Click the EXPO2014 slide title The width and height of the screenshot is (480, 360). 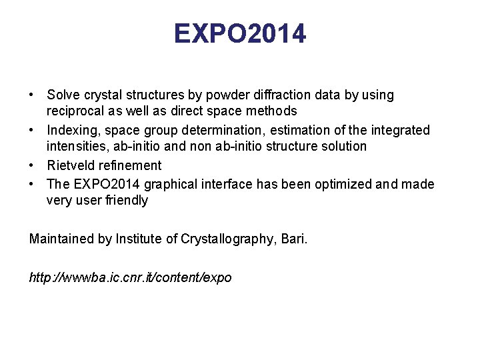(240, 33)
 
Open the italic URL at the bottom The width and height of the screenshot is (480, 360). (131, 277)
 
